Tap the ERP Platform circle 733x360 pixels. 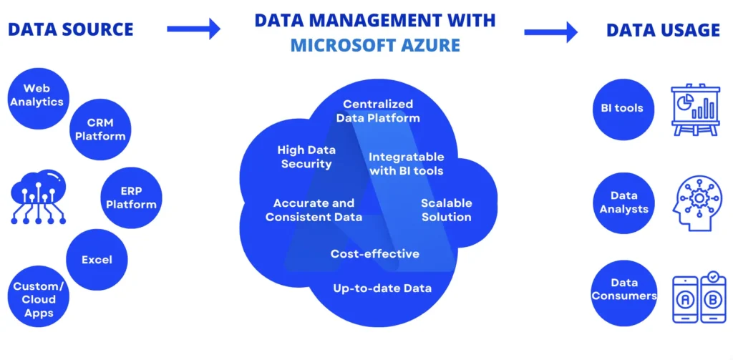click(x=131, y=198)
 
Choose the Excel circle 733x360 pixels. click(x=97, y=259)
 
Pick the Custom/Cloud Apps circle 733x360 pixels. click(x=39, y=299)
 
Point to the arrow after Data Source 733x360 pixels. click(x=193, y=29)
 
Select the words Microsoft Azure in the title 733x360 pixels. click(x=375, y=47)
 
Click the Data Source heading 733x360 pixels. click(x=70, y=29)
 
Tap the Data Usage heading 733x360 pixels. click(x=663, y=30)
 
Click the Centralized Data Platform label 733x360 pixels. click(x=378, y=111)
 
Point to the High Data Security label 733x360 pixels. click(x=306, y=157)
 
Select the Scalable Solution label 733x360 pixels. click(x=446, y=210)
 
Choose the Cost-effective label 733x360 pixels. click(x=374, y=253)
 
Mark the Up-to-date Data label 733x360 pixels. click(x=382, y=288)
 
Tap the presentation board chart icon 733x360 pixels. click(x=694, y=110)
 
